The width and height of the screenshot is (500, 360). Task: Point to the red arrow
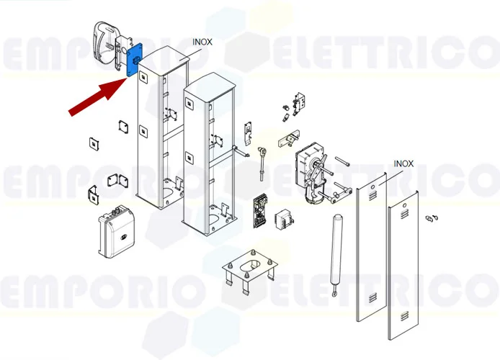97,96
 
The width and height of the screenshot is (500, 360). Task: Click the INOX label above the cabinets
202,42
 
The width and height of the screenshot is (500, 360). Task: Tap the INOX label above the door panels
403,163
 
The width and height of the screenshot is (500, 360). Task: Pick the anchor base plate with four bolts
249,271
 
